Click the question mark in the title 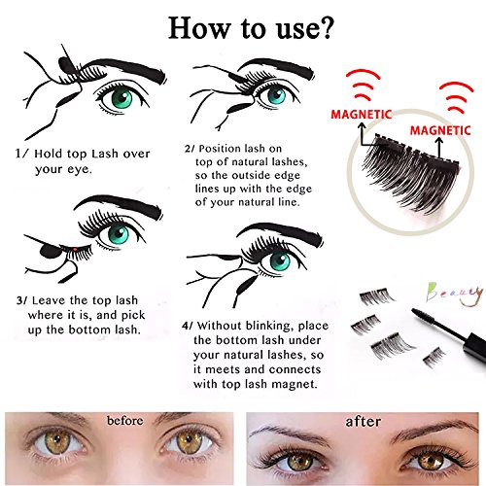pos(324,28)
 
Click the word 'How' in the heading pos(198,28)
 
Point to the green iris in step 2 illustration pos(277,94)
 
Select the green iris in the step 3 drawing pos(119,235)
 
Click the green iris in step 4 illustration pos(280,261)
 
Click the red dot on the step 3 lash pos(75,249)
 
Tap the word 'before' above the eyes pos(125,421)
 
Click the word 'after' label pos(363,421)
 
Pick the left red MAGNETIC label pos(362,115)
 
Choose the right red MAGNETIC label pos(440,130)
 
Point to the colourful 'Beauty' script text pos(454,294)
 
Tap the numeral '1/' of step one pos(22,154)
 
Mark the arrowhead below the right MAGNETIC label pos(439,141)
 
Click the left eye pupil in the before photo pos(57,440)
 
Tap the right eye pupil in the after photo pos(431,460)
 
